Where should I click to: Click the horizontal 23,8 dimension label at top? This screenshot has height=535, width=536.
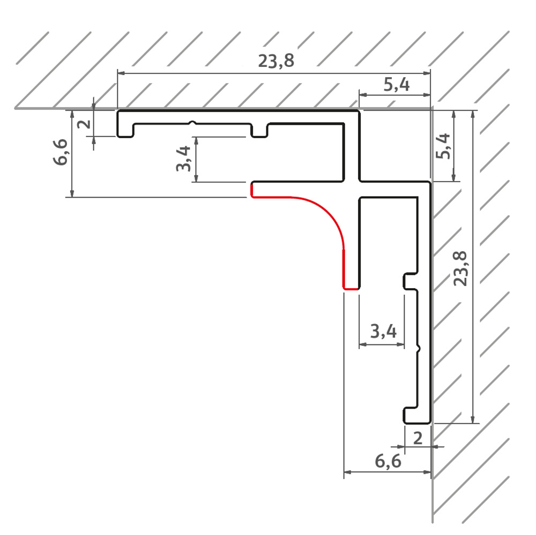click(276, 61)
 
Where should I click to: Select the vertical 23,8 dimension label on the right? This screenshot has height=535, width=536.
click(460, 269)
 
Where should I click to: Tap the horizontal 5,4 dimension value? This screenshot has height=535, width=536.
click(396, 85)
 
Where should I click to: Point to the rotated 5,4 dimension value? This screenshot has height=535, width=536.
click(443, 146)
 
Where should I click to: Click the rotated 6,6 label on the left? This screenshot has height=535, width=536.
click(61, 152)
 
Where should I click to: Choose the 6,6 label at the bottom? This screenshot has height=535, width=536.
click(388, 461)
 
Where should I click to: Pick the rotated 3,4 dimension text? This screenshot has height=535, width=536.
click(183, 159)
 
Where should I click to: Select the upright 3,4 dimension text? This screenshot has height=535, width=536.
click(383, 331)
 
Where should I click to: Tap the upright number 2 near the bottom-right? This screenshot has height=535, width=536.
click(418, 438)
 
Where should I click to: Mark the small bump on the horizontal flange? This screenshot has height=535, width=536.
click(193, 123)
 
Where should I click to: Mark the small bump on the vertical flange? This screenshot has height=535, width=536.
click(419, 349)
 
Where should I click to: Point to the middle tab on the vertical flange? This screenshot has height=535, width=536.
click(410, 281)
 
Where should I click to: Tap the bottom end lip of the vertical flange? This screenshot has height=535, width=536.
click(411, 416)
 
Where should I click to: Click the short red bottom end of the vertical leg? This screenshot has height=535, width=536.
click(351, 289)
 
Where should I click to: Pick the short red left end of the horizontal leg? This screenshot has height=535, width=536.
click(252, 190)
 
